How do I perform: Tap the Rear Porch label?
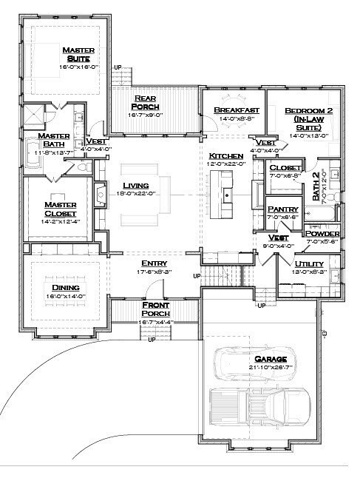click(143, 102)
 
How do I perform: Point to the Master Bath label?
click(54, 141)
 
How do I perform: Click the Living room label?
click(136, 185)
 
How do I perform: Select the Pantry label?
click(282, 209)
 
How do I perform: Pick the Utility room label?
click(310, 263)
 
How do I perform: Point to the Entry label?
click(154, 263)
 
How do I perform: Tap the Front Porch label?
click(156, 309)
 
